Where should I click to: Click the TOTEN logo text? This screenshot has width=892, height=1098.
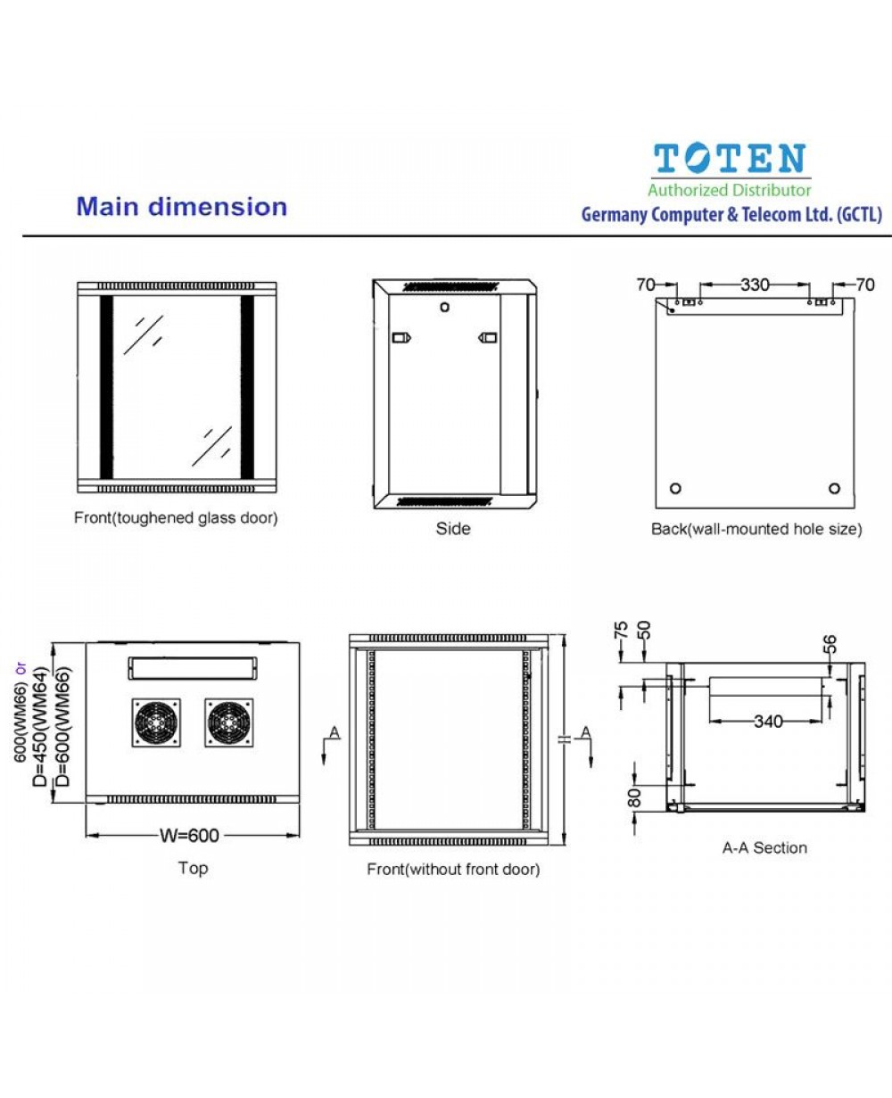730,160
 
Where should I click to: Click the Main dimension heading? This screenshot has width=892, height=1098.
181,207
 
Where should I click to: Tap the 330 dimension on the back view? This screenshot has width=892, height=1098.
754,285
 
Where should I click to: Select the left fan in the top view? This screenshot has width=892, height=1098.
156,722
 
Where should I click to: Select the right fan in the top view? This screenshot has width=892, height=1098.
229,722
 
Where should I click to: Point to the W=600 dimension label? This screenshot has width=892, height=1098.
189,835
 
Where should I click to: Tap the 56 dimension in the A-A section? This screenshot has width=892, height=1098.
830,644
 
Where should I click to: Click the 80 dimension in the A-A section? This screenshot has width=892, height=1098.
635,796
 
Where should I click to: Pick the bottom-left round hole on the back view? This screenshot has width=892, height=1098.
675,488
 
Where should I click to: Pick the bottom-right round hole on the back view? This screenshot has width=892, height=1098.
834,488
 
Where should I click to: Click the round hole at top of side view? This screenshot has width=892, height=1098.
444,307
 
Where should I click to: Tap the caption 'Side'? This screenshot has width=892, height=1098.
452,529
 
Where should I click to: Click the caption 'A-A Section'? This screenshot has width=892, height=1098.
764,848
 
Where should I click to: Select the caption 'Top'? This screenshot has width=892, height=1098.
193,868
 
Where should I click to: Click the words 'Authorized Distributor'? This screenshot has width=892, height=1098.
730,190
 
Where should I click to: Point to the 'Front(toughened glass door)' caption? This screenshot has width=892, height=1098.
176,518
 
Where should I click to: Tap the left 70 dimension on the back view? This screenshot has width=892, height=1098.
646,285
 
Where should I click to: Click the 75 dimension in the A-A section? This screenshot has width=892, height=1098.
622,631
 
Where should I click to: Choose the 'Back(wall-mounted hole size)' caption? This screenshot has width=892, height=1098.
756,529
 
